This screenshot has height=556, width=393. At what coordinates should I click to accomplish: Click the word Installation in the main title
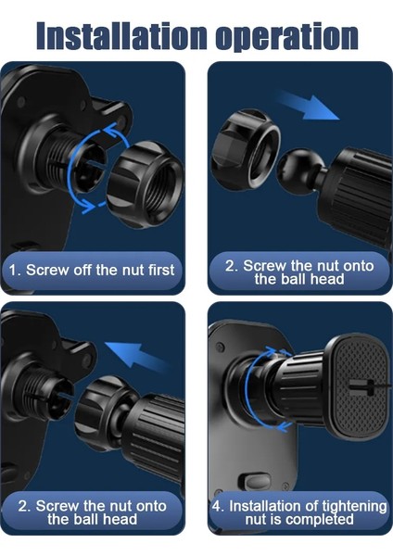pyautogui.click(x=121, y=36)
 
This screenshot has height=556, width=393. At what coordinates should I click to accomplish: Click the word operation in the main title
pyautogui.click(x=286, y=38)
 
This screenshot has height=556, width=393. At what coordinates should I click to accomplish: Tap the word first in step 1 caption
pyautogui.click(x=161, y=270)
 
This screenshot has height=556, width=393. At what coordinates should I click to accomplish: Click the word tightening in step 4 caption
pyautogui.click(x=350, y=506)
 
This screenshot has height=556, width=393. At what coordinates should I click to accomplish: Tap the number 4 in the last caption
pyautogui.click(x=216, y=506)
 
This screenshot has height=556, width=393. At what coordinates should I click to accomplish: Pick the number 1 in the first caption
pyautogui.click(x=13, y=271)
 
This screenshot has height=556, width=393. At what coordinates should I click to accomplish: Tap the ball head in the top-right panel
pyautogui.click(x=299, y=167)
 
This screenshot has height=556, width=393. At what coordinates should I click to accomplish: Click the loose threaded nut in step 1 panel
pyautogui.click(x=146, y=183)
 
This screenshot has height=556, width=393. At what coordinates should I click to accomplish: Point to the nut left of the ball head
pyautogui.click(x=246, y=148)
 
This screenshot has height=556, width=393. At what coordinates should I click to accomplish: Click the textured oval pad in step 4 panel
pyautogui.click(x=359, y=387)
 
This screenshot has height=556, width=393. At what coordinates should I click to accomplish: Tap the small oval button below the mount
pyautogui.click(x=258, y=482)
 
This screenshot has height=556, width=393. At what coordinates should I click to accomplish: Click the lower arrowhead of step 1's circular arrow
pyautogui.click(x=88, y=208)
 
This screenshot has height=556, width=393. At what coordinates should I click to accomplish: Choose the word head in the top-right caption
pyautogui.click(x=328, y=279)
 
